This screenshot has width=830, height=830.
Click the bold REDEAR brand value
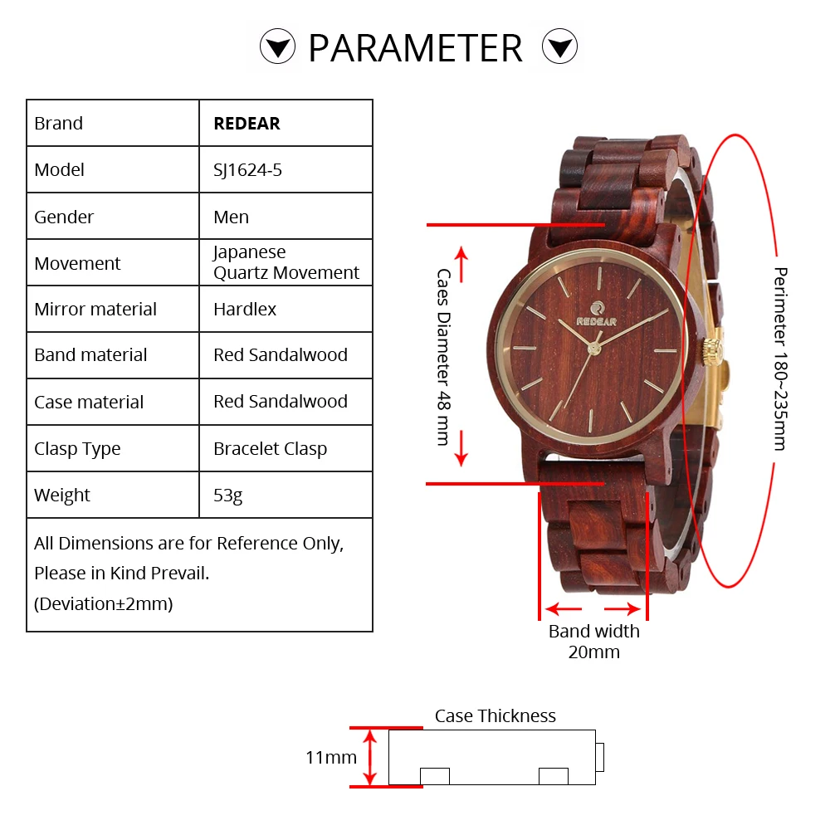pyautogui.click(x=247, y=124)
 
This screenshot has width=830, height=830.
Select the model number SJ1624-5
pyautogui.click(x=247, y=170)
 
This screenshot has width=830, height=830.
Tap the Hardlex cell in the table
pyautogui.click(x=245, y=310)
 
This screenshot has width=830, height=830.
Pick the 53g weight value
pyautogui.click(x=228, y=496)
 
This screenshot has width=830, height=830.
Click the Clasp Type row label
pyautogui.click(x=77, y=449)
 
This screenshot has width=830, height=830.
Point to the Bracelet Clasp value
pyautogui.click(x=270, y=449)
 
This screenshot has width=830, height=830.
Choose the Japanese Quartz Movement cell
pyautogui.click(x=286, y=262)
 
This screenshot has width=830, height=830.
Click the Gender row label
pyautogui.click(x=64, y=217)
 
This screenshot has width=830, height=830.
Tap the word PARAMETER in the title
pyautogui.click(x=415, y=48)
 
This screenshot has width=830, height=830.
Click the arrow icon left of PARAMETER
pyautogui.click(x=277, y=46)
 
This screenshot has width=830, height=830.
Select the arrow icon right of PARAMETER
pyautogui.click(x=559, y=46)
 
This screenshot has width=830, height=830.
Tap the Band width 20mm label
pyautogui.click(x=594, y=642)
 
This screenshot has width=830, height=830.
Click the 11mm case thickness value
pyautogui.click(x=331, y=757)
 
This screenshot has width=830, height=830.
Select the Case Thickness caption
pyautogui.click(x=496, y=715)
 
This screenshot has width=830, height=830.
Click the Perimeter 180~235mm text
pyautogui.click(x=779, y=359)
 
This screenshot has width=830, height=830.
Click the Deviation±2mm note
pyautogui.click(x=104, y=603)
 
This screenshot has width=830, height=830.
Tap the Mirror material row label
pyautogui.click(x=95, y=310)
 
